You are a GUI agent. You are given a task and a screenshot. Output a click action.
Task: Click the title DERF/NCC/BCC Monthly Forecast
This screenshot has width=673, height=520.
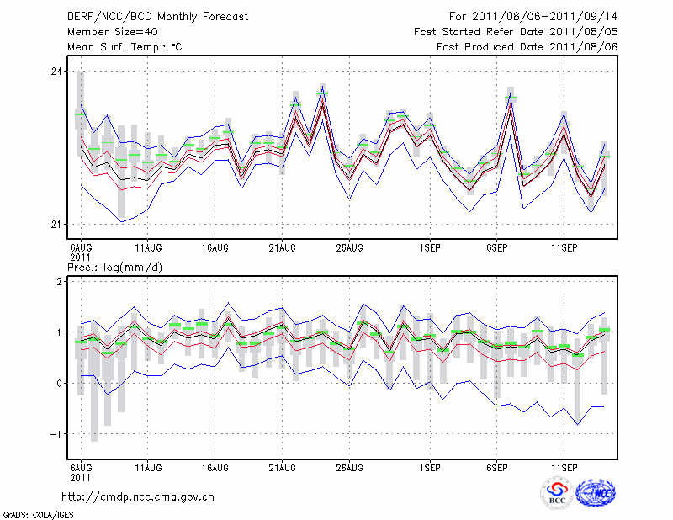pyautogui.click(x=156, y=15)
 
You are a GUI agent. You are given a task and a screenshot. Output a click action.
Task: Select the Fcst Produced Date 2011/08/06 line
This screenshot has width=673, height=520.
pyautogui.click(x=527, y=46)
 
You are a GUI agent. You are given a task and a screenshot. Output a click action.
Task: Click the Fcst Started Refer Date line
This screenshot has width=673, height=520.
pyautogui.click(x=516, y=31)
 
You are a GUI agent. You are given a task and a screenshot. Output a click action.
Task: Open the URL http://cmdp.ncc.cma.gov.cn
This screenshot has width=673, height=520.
pyautogui.click(x=138, y=496)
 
